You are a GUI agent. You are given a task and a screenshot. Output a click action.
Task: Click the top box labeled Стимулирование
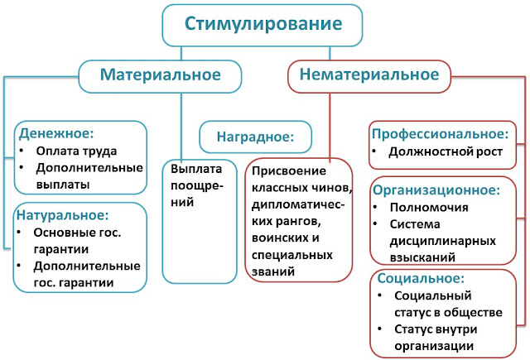pos(264,25)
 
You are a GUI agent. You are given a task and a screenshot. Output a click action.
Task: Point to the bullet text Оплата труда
pos(76,151)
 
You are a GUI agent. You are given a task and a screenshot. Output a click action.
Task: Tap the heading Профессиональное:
pos(439,132)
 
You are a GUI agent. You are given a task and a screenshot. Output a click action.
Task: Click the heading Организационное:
pos(436,189)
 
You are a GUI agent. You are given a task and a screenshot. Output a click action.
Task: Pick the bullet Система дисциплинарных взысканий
pos(447,241)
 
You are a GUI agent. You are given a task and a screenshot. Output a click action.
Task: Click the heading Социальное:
pos(421,278)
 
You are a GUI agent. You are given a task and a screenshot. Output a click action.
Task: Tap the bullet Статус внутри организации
pos(446,338)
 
